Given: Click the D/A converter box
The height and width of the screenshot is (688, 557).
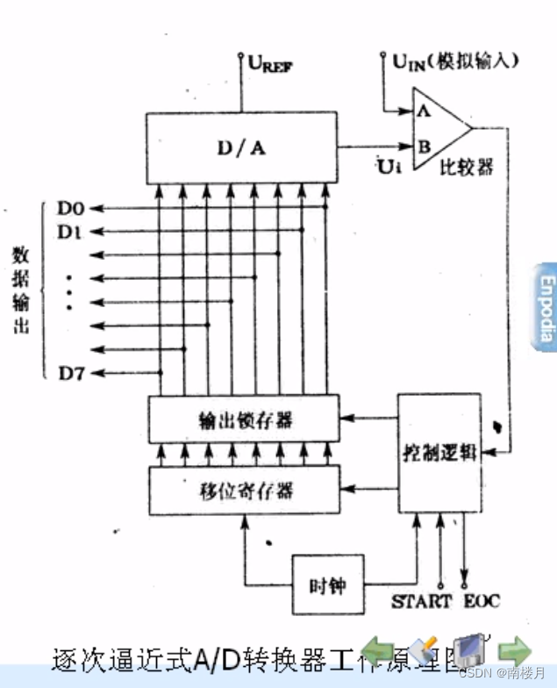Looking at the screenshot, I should point(241,147).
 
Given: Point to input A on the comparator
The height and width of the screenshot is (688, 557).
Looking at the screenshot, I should point(423,111).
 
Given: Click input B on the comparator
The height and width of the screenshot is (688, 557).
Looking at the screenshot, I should point(424,147).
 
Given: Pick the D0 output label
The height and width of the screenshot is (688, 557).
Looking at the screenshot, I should point(70,208).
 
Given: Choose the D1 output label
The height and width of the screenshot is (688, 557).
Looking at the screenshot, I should point(70,232).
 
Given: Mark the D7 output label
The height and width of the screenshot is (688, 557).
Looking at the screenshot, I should point(70,373).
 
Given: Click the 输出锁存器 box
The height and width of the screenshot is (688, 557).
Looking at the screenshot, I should point(243,419).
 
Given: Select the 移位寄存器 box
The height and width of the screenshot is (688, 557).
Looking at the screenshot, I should point(243,490).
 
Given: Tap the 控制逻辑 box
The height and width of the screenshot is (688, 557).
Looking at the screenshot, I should point(439,454).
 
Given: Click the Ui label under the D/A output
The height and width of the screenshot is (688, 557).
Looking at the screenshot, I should point(389,165).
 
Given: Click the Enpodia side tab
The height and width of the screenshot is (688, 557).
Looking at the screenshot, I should point(546,307).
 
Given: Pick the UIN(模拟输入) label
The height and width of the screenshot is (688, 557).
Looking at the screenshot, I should point(455,61).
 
